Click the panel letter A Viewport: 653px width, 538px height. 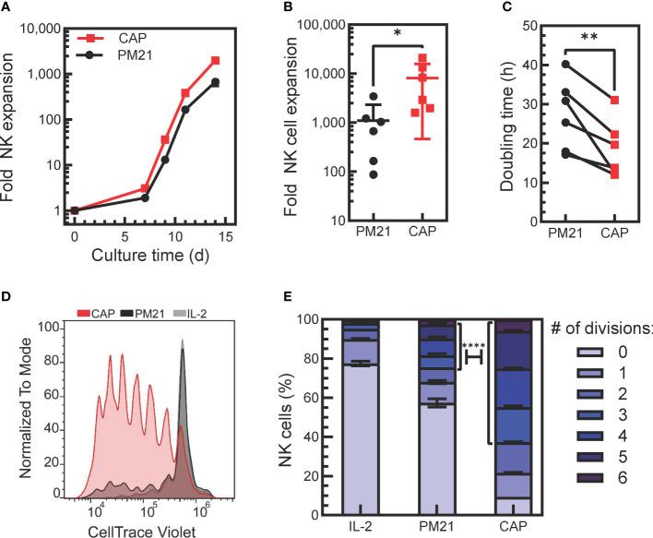[x=8, y=7]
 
